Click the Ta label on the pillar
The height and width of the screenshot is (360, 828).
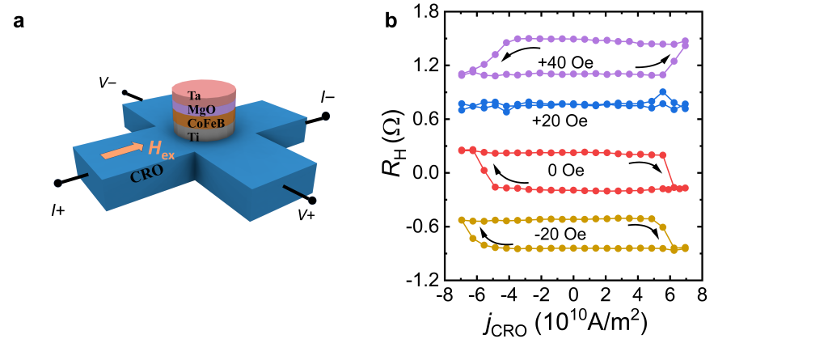194,95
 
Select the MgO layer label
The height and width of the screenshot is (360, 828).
201,109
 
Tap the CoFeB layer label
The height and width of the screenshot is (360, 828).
205,123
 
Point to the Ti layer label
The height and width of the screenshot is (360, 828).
193,137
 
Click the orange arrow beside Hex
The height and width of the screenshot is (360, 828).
121,150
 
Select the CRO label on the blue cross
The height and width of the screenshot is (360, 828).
146,173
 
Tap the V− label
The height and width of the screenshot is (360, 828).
108,83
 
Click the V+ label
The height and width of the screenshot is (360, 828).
306,215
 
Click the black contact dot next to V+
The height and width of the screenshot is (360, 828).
312,200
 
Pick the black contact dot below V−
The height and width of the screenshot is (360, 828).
125,92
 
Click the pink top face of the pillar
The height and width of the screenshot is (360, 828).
204,87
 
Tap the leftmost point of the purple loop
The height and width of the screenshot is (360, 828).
462,74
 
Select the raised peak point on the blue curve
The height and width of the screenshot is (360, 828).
662,92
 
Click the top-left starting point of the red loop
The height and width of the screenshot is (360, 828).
462,150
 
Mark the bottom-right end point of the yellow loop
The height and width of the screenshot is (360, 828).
685,248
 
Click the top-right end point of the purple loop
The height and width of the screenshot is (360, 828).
685,40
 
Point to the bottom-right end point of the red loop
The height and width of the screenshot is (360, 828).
685,188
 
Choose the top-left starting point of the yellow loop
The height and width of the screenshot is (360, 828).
462,219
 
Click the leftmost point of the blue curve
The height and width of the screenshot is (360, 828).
462,105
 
